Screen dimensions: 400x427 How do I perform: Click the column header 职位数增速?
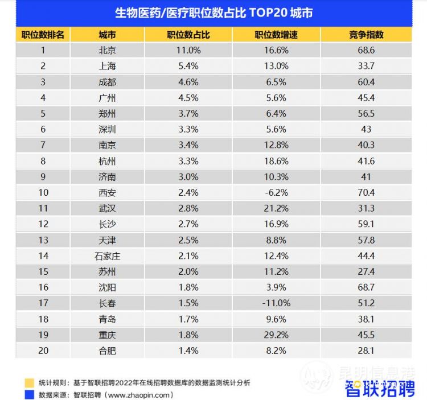point(276,35)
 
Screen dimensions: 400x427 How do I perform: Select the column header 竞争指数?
point(366,35)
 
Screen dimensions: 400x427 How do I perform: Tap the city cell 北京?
point(107,50)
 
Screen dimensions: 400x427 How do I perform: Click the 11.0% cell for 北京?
point(188,50)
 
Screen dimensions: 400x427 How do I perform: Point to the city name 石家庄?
point(107,256)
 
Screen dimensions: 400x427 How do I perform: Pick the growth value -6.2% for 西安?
point(276,192)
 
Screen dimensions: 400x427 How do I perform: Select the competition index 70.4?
point(366,192)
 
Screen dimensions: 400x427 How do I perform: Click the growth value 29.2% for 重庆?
point(276,335)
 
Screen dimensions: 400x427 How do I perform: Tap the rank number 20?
point(43,350)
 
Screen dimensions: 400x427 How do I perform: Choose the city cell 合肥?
point(107,350)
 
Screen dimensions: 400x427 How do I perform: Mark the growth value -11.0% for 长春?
point(276,303)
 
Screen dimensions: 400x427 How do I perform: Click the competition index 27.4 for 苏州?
point(366,271)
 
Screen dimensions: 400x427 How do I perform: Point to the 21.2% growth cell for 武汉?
point(276,208)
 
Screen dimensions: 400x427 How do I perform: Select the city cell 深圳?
point(107,129)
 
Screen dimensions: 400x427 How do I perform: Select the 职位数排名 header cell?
point(43,35)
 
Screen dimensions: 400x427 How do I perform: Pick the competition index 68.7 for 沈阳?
point(366,287)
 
